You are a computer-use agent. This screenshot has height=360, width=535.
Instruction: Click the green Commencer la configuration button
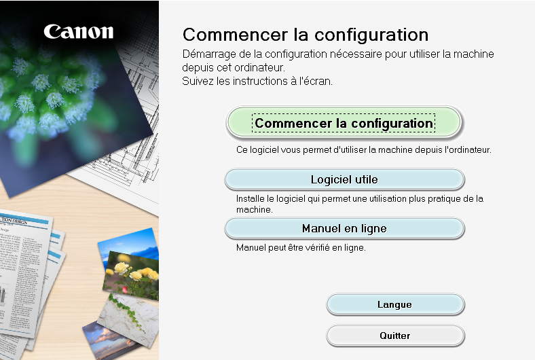[x=344, y=123]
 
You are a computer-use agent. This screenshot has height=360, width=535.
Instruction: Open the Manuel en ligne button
[x=344, y=228]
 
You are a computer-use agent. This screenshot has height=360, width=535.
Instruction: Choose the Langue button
[x=395, y=304]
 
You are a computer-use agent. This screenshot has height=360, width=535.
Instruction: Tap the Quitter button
[x=395, y=336]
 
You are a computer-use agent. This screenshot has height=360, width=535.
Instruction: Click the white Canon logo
[x=79, y=32]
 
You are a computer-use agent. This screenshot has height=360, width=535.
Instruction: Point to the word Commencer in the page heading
[x=235, y=35]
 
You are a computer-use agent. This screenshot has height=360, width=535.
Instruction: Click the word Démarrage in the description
[x=209, y=54]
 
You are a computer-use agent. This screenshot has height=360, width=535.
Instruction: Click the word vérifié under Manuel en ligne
[x=316, y=247]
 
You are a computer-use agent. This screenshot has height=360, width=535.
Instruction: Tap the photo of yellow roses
[x=132, y=275]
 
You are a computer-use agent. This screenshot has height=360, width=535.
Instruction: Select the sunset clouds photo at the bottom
[x=107, y=340]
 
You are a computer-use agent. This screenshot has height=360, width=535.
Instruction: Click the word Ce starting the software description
[x=242, y=150]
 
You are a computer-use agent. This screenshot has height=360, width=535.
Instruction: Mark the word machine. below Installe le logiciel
[x=254, y=209]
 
